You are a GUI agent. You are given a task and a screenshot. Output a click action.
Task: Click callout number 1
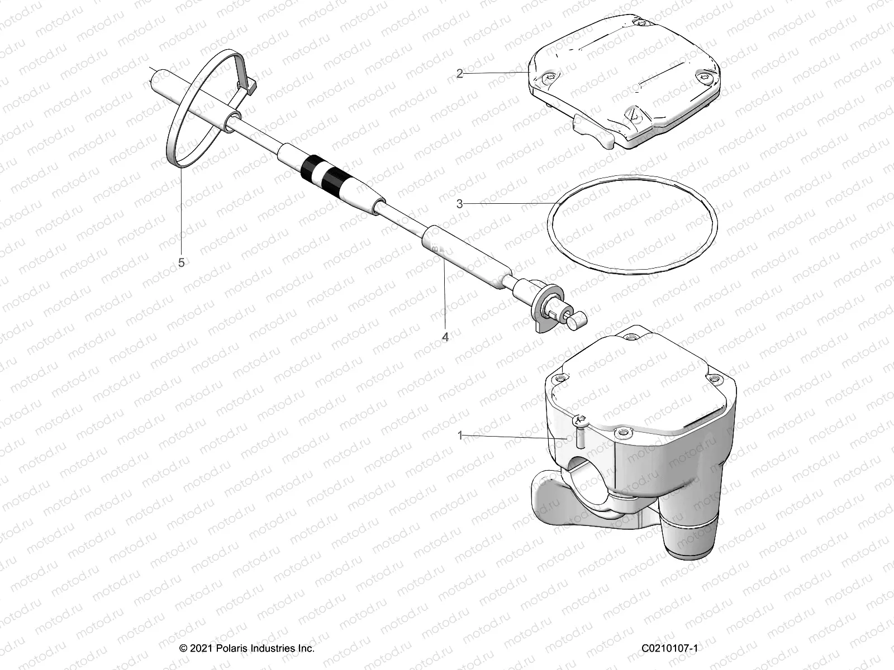[x=460, y=435]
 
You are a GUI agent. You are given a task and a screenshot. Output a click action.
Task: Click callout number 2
[x=459, y=74]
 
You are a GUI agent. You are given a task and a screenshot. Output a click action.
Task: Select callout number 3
[x=459, y=204]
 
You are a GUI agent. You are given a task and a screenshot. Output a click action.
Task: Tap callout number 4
[x=445, y=337]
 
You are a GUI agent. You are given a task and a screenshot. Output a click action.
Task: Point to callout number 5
[x=181, y=262]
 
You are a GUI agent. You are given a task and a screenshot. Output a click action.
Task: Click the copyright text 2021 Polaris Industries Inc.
[x=247, y=648]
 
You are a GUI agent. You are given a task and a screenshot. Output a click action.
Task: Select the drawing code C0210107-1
[x=669, y=648]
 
